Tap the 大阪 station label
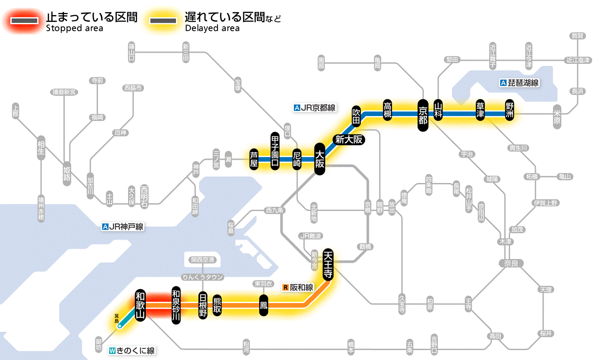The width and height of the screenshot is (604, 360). pos(319,159)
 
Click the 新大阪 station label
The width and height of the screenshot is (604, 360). pos(349,139)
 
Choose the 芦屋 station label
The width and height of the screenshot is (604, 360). pos(254,159)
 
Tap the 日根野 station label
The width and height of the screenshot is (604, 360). pos(203,305)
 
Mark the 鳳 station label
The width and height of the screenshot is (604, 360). pos(263,305)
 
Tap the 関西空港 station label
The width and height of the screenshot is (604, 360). pos(202,260)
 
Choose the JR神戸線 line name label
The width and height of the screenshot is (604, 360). pos(123,226)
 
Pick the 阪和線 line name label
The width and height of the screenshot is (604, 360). pos(298,287)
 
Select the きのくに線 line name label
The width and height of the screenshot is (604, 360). pos(132,351)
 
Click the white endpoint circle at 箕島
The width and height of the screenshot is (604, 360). pos(120,326)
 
